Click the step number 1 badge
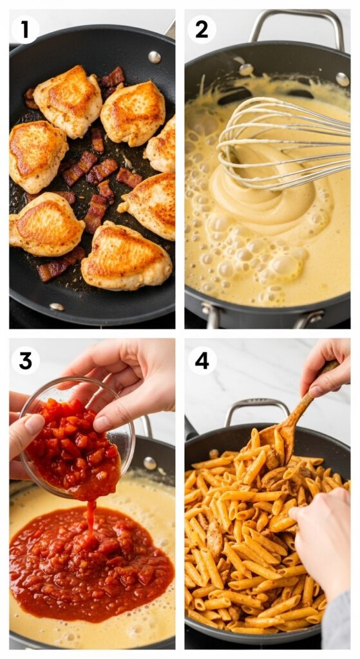click(25, 30)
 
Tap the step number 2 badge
click(202, 30)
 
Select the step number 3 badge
click(25, 360)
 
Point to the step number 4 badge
click(202, 360)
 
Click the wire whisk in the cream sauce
click(283, 142)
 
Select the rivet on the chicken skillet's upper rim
click(155, 57)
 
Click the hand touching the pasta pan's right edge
click(322, 541)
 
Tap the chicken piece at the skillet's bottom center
click(126, 257)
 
